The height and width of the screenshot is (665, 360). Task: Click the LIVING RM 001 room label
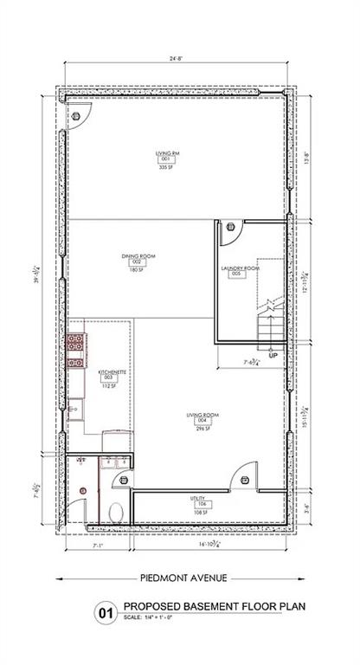167,157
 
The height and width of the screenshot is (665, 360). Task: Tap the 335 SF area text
167,168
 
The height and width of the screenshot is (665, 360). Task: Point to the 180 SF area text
135,271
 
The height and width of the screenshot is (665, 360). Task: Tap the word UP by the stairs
273,355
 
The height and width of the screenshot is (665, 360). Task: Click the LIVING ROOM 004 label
202,417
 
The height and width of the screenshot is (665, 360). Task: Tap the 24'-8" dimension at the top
176,59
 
